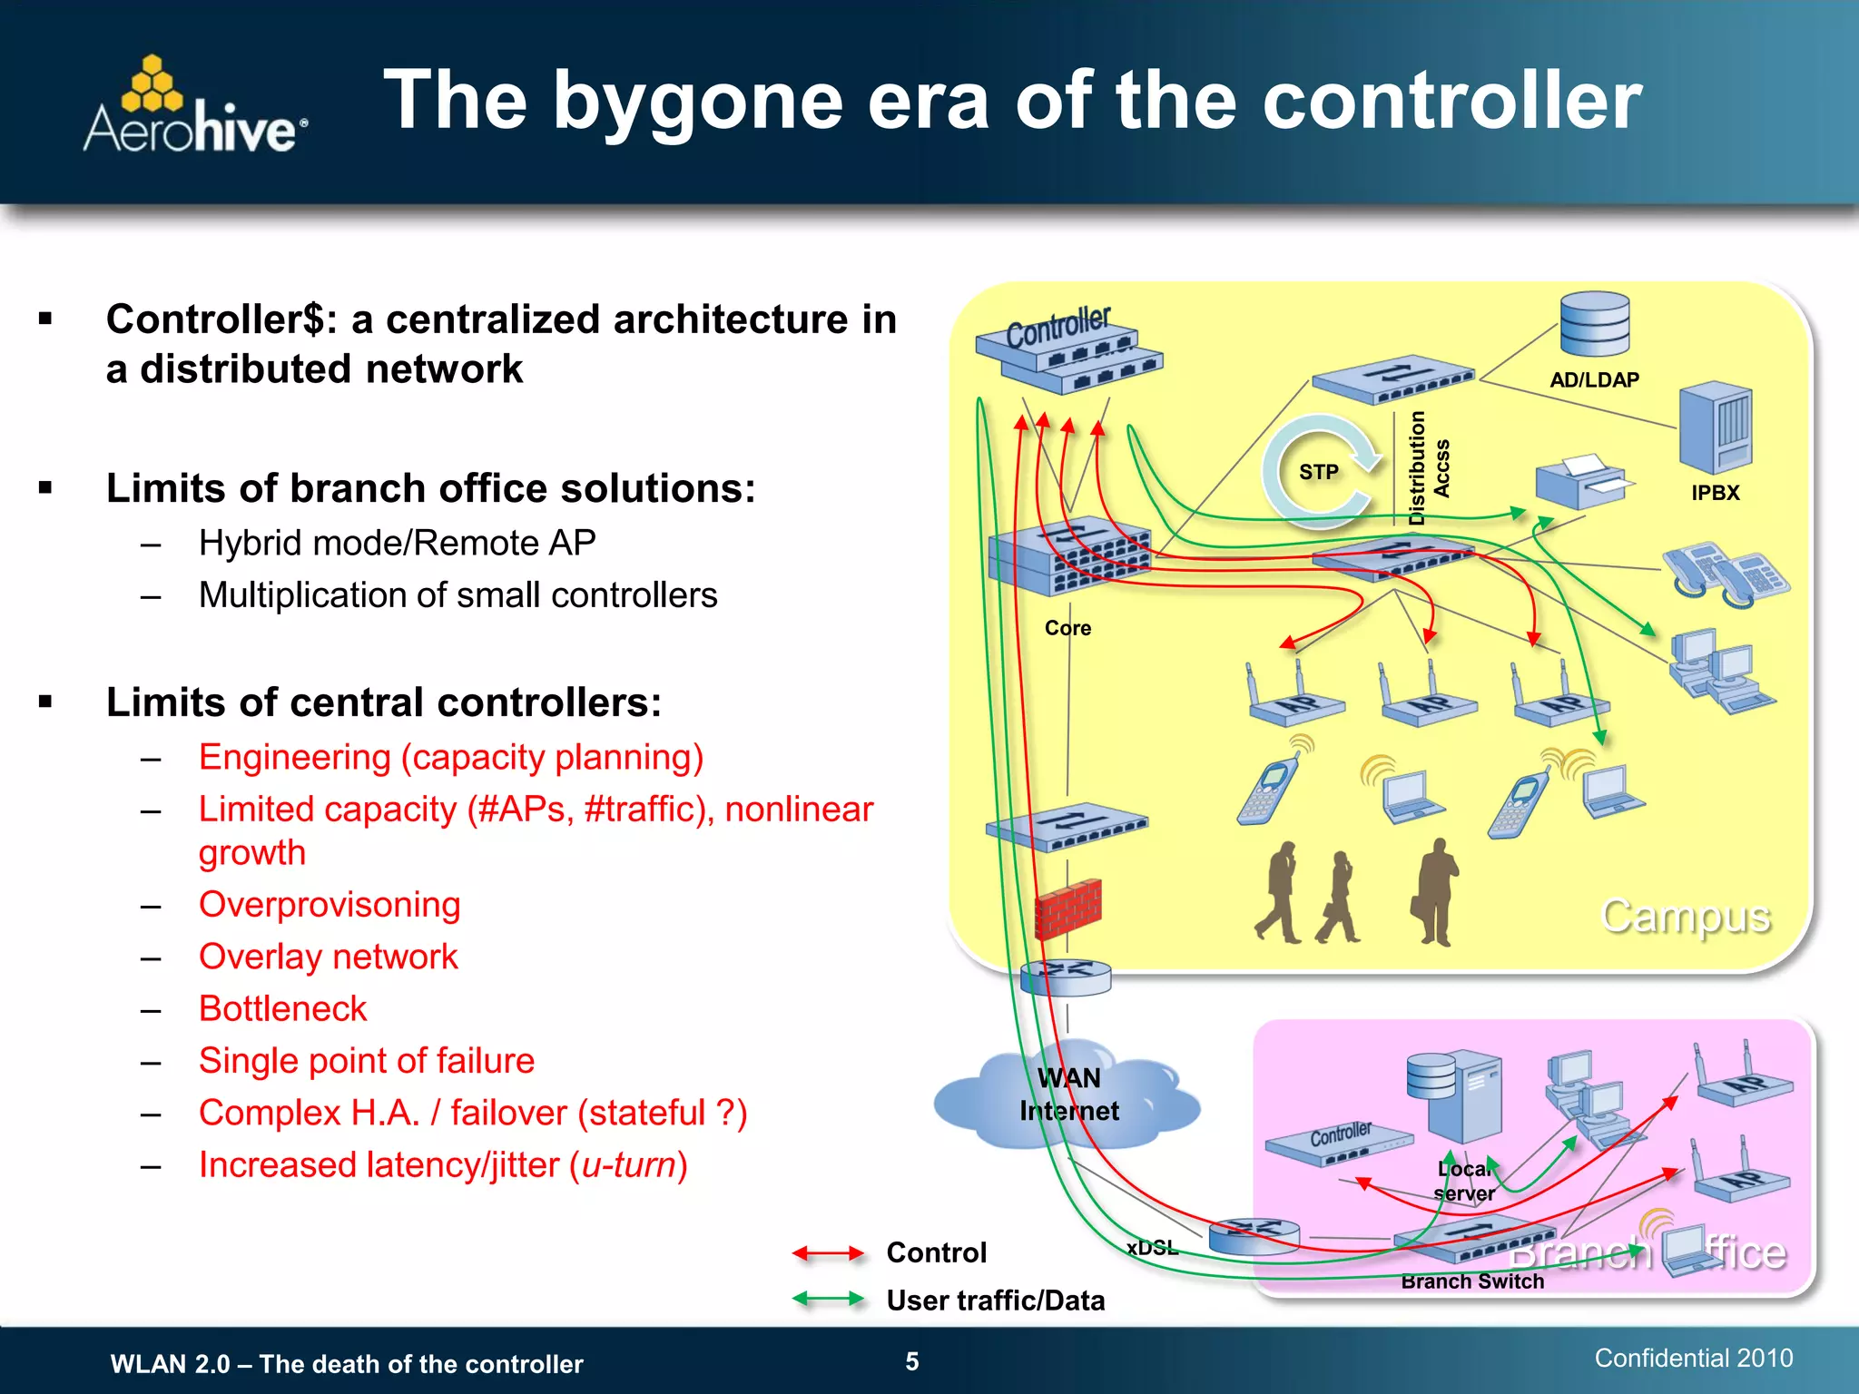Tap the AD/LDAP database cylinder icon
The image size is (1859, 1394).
click(1595, 325)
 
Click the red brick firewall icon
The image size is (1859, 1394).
click(1068, 908)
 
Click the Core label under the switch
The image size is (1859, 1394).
click(1067, 628)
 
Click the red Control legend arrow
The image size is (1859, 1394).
click(827, 1253)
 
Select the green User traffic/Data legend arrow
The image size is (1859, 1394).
click(827, 1300)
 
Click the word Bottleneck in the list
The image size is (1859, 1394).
click(282, 1009)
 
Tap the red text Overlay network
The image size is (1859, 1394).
click(328, 957)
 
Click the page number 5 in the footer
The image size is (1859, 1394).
click(912, 1361)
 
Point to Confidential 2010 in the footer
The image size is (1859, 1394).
click(1693, 1358)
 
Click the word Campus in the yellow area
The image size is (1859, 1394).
click(1685, 916)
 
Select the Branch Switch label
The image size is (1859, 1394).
click(1471, 1281)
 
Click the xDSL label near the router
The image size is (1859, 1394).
click(1152, 1248)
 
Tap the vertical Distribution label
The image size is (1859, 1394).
click(1416, 468)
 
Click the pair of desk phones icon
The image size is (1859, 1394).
click(1724, 574)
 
